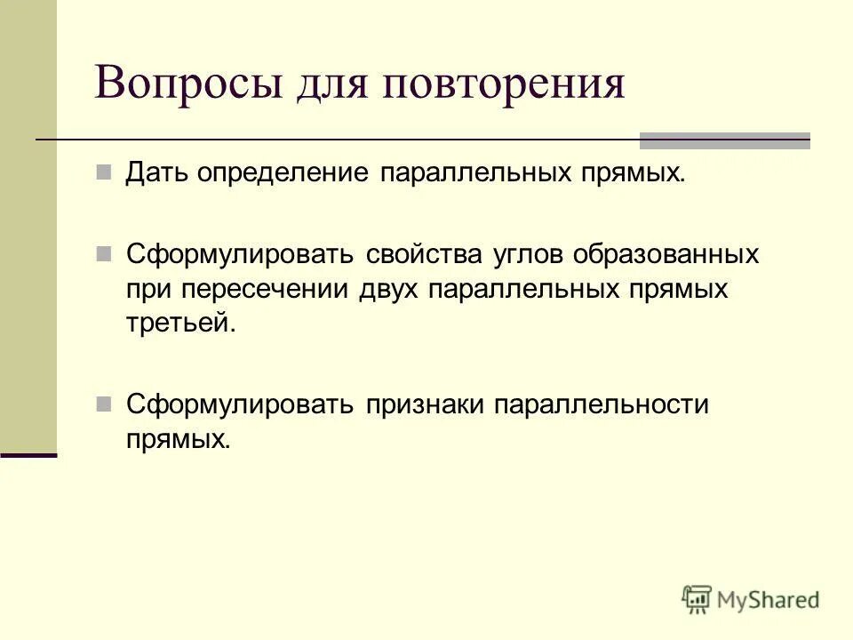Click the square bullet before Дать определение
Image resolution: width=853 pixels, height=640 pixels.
click(x=103, y=170)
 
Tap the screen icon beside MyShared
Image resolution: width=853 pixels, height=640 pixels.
click(x=698, y=599)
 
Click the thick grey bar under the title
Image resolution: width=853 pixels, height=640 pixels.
click(x=725, y=140)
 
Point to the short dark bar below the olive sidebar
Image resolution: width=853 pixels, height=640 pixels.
click(x=28, y=454)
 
